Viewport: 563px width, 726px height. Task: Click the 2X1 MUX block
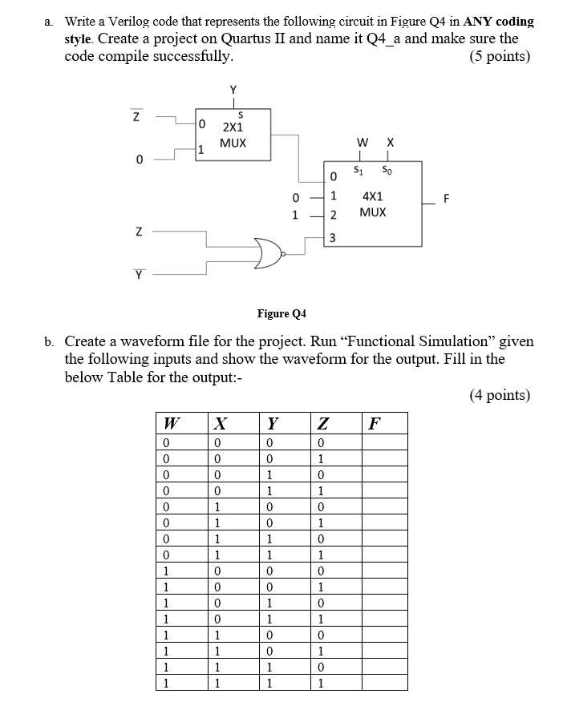[x=233, y=134]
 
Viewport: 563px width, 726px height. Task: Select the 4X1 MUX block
[x=373, y=204]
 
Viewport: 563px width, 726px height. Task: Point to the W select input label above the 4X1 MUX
[x=363, y=142]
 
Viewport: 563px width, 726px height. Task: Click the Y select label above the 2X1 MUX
[x=233, y=90]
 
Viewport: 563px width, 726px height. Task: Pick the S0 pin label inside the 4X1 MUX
[x=387, y=171]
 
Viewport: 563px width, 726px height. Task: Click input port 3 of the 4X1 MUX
[x=333, y=238]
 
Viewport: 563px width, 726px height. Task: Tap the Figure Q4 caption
[x=281, y=313]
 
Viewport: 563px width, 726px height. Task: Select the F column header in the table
[x=375, y=423]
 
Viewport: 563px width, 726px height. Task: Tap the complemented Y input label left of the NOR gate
[x=139, y=275]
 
